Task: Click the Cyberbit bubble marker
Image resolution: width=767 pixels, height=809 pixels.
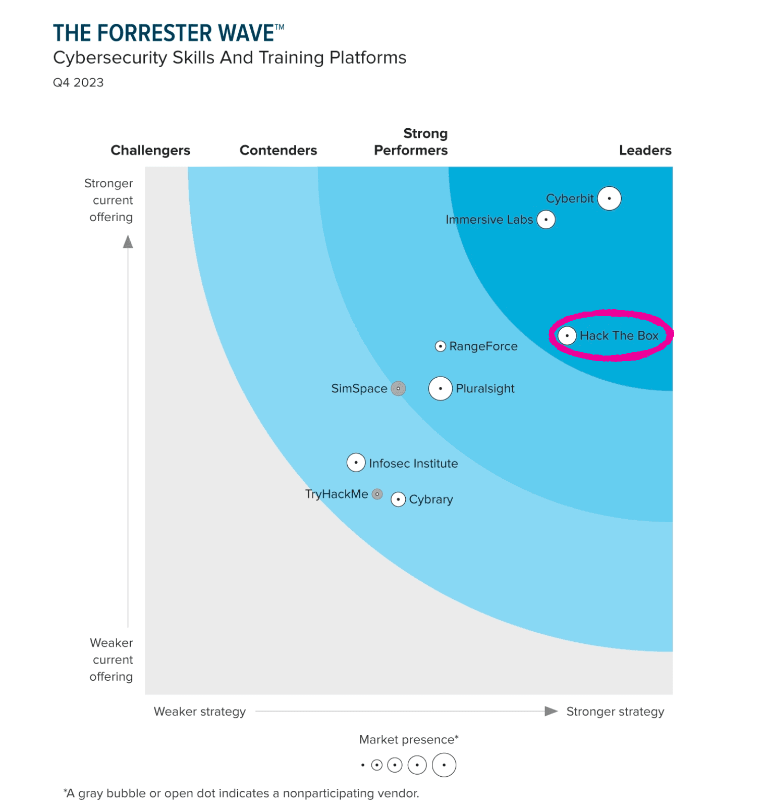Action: click(x=609, y=198)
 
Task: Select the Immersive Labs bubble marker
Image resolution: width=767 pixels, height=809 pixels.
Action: click(x=545, y=220)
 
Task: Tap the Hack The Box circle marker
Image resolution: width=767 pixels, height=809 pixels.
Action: click(x=567, y=335)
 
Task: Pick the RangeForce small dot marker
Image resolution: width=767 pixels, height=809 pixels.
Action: click(x=440, y=346)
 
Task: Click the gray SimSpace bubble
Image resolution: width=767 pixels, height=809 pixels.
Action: click(x=398, y=388)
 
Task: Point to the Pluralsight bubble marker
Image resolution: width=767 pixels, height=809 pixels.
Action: click(x=440, y=388)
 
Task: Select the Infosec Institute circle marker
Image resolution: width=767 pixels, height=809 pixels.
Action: click(x=356, y=463)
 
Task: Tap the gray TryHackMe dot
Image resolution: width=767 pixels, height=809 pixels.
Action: click(x=377, y=494)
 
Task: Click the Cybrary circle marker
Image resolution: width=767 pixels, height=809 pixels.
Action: click(x=398, y=499)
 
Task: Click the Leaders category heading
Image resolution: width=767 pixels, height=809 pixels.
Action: click(x=645, y=150)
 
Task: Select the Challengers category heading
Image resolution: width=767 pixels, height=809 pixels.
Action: click(x=150, y=150)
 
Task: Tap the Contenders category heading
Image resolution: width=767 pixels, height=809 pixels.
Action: click(x=278, y=150)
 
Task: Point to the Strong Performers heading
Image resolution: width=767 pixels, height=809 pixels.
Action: click(x=411, y=142)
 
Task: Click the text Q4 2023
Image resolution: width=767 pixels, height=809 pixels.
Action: click(x=78, y=83)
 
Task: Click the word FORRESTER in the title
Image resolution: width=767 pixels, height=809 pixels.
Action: click(x=154, y=33)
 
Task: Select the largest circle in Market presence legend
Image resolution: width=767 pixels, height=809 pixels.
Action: click(x=444, y=765)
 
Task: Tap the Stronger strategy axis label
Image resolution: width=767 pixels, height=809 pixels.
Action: click(x=615, y=712)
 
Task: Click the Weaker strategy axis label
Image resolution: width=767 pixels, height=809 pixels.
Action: click(x=199, y=712)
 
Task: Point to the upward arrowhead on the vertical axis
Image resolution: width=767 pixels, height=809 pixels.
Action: click(x=128, y=242)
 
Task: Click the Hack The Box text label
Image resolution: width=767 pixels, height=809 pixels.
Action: click(x=619, y=336)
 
